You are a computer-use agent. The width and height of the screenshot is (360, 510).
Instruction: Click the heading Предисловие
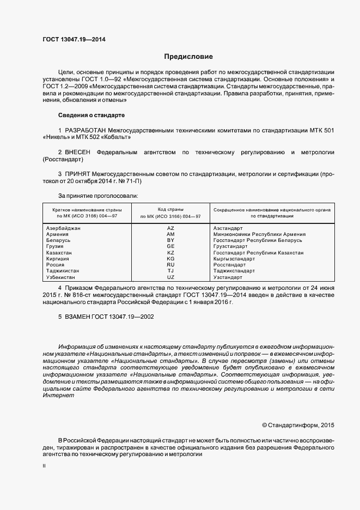[188, 56]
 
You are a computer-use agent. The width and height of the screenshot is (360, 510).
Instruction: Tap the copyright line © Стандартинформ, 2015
[298, 424]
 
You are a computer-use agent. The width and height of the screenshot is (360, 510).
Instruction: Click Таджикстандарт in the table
[234, 271]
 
